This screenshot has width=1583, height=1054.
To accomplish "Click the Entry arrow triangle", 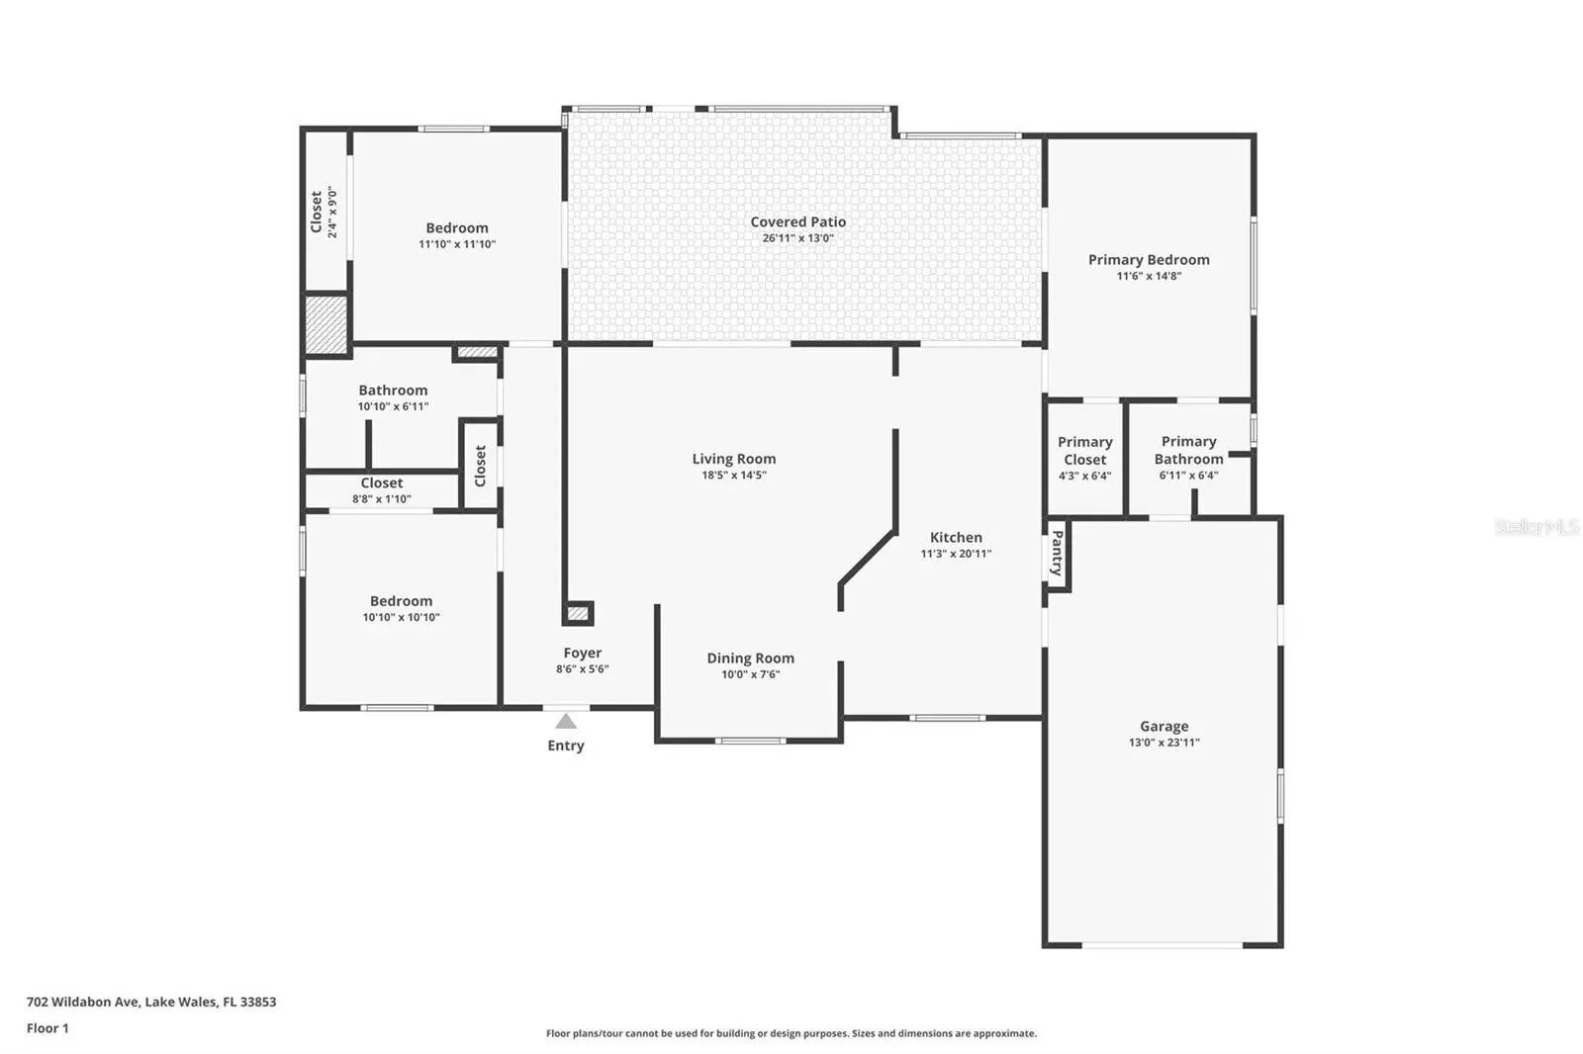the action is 565,721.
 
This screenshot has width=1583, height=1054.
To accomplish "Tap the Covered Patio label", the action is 797,221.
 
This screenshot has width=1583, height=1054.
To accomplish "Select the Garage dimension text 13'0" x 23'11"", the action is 1164,743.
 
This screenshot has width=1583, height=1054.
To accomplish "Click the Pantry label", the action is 1058,553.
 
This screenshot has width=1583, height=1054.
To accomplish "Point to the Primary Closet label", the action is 1084,451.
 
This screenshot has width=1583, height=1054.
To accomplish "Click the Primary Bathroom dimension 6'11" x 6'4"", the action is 1188,476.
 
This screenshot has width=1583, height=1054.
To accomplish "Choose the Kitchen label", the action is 956,538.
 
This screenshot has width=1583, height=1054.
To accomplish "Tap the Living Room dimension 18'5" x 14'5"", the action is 733,476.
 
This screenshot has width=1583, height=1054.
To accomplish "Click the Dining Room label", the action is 751,659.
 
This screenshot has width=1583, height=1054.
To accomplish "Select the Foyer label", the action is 583,653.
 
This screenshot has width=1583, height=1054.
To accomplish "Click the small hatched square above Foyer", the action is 578,613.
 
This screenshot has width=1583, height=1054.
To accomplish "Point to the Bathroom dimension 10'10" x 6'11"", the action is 393,406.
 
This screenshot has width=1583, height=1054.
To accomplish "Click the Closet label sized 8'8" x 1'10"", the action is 382,483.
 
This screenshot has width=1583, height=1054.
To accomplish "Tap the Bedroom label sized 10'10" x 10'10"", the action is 401,601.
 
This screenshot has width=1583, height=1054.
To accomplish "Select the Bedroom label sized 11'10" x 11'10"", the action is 456,228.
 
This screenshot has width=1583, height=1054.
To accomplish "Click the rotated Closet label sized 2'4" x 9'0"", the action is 316,212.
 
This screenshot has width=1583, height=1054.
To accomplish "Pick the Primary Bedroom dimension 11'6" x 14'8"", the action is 1149,276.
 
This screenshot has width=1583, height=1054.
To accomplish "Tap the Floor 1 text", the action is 48,1028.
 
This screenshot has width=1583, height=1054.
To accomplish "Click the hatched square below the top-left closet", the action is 326,324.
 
